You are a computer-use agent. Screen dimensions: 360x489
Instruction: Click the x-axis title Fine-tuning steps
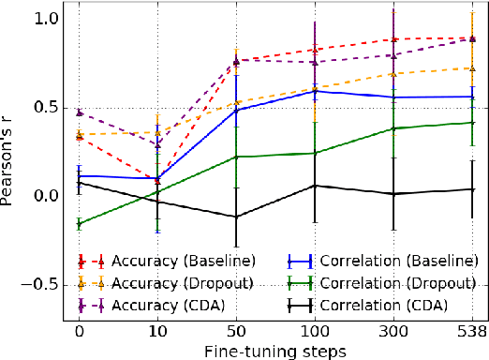point(276,350)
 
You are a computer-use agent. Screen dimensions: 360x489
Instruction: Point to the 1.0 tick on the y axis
point(47,19)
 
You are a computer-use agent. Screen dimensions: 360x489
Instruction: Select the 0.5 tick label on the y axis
point(47,107)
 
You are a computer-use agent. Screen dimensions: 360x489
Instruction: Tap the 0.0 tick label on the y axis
point(47,195)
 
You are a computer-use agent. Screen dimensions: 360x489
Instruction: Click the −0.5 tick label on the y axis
point(41,283)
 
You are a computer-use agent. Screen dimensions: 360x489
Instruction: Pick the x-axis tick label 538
point(470,331)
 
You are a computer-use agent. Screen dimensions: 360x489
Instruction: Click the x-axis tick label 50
point(235,331)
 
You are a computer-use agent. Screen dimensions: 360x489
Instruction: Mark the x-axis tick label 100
point(314,331)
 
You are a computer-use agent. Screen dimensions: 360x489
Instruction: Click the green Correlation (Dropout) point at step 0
point(79,224)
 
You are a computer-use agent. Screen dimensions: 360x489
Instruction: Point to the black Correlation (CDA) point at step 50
point(235,217)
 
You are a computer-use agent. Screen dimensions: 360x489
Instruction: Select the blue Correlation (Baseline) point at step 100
point(314,91)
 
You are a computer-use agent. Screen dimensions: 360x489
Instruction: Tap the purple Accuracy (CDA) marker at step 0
point(79,112)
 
